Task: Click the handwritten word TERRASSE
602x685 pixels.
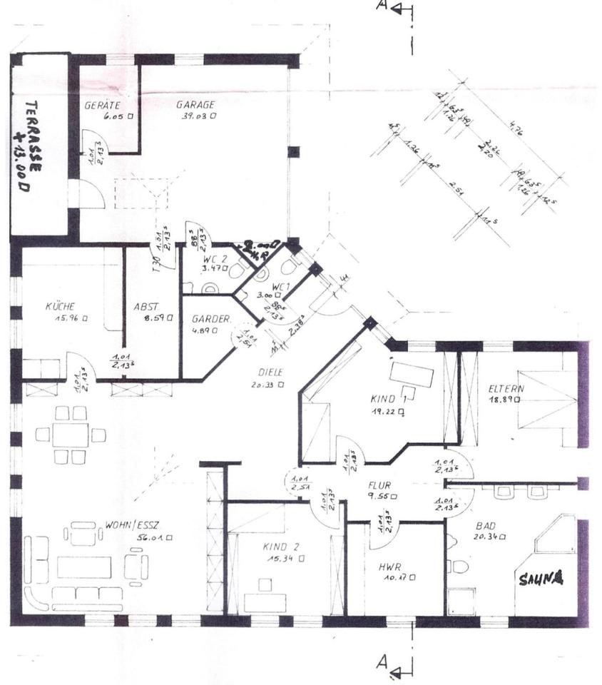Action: click(x=33, y=131)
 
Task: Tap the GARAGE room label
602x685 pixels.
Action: click(x=195, y=105)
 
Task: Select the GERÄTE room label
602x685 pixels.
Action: click(x=101, y=105)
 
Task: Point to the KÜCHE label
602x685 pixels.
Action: click(x=60, y=306)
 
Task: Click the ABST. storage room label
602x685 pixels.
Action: click(x=146, y=307)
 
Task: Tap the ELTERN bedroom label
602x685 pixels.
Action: click(x=506, y=389)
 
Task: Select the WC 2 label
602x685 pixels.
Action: click(x=215, y=258)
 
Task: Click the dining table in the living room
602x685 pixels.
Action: click(x=70, y=435)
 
